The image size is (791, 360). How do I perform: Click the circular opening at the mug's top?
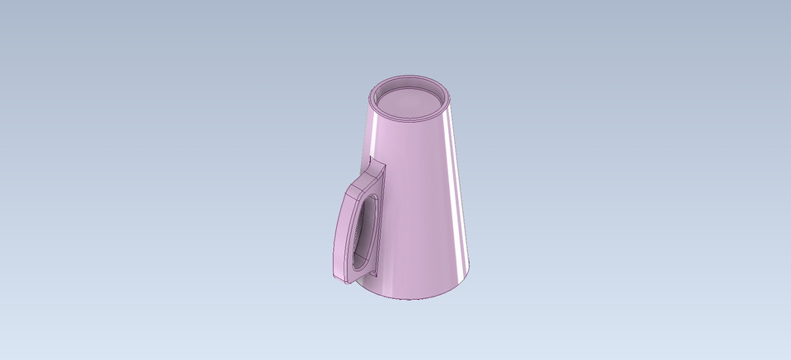(410, 101)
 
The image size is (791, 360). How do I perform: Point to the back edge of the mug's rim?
(410, 79)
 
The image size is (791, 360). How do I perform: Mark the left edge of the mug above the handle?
(367, 132)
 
